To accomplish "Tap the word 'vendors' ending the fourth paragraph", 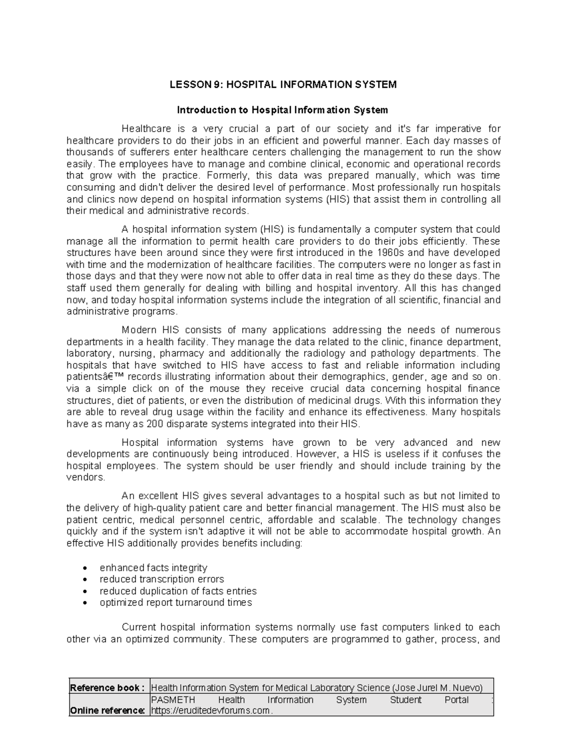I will point(84,477).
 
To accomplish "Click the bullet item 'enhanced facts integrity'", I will point(153,567).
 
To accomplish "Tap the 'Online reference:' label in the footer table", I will point(108,711).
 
